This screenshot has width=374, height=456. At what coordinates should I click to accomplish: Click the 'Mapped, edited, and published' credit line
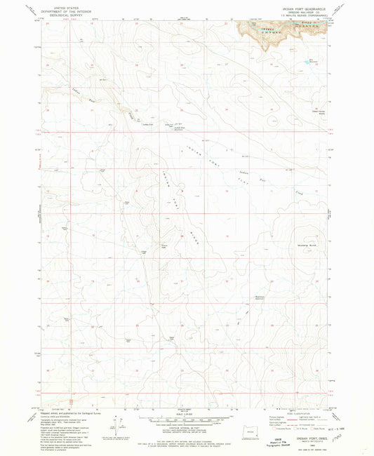coord(65,406)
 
